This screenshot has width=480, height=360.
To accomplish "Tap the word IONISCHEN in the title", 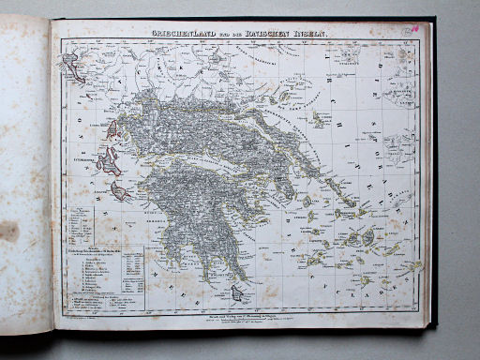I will [x=275, y=34].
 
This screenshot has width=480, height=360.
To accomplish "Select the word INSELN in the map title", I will [x=312, y=34].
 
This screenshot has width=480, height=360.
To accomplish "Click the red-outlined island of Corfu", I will [x=71, y=65].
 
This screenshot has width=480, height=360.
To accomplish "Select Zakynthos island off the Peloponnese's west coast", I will [x=121, y=191].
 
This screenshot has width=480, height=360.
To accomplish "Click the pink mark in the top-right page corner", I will [x=415, y=29].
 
